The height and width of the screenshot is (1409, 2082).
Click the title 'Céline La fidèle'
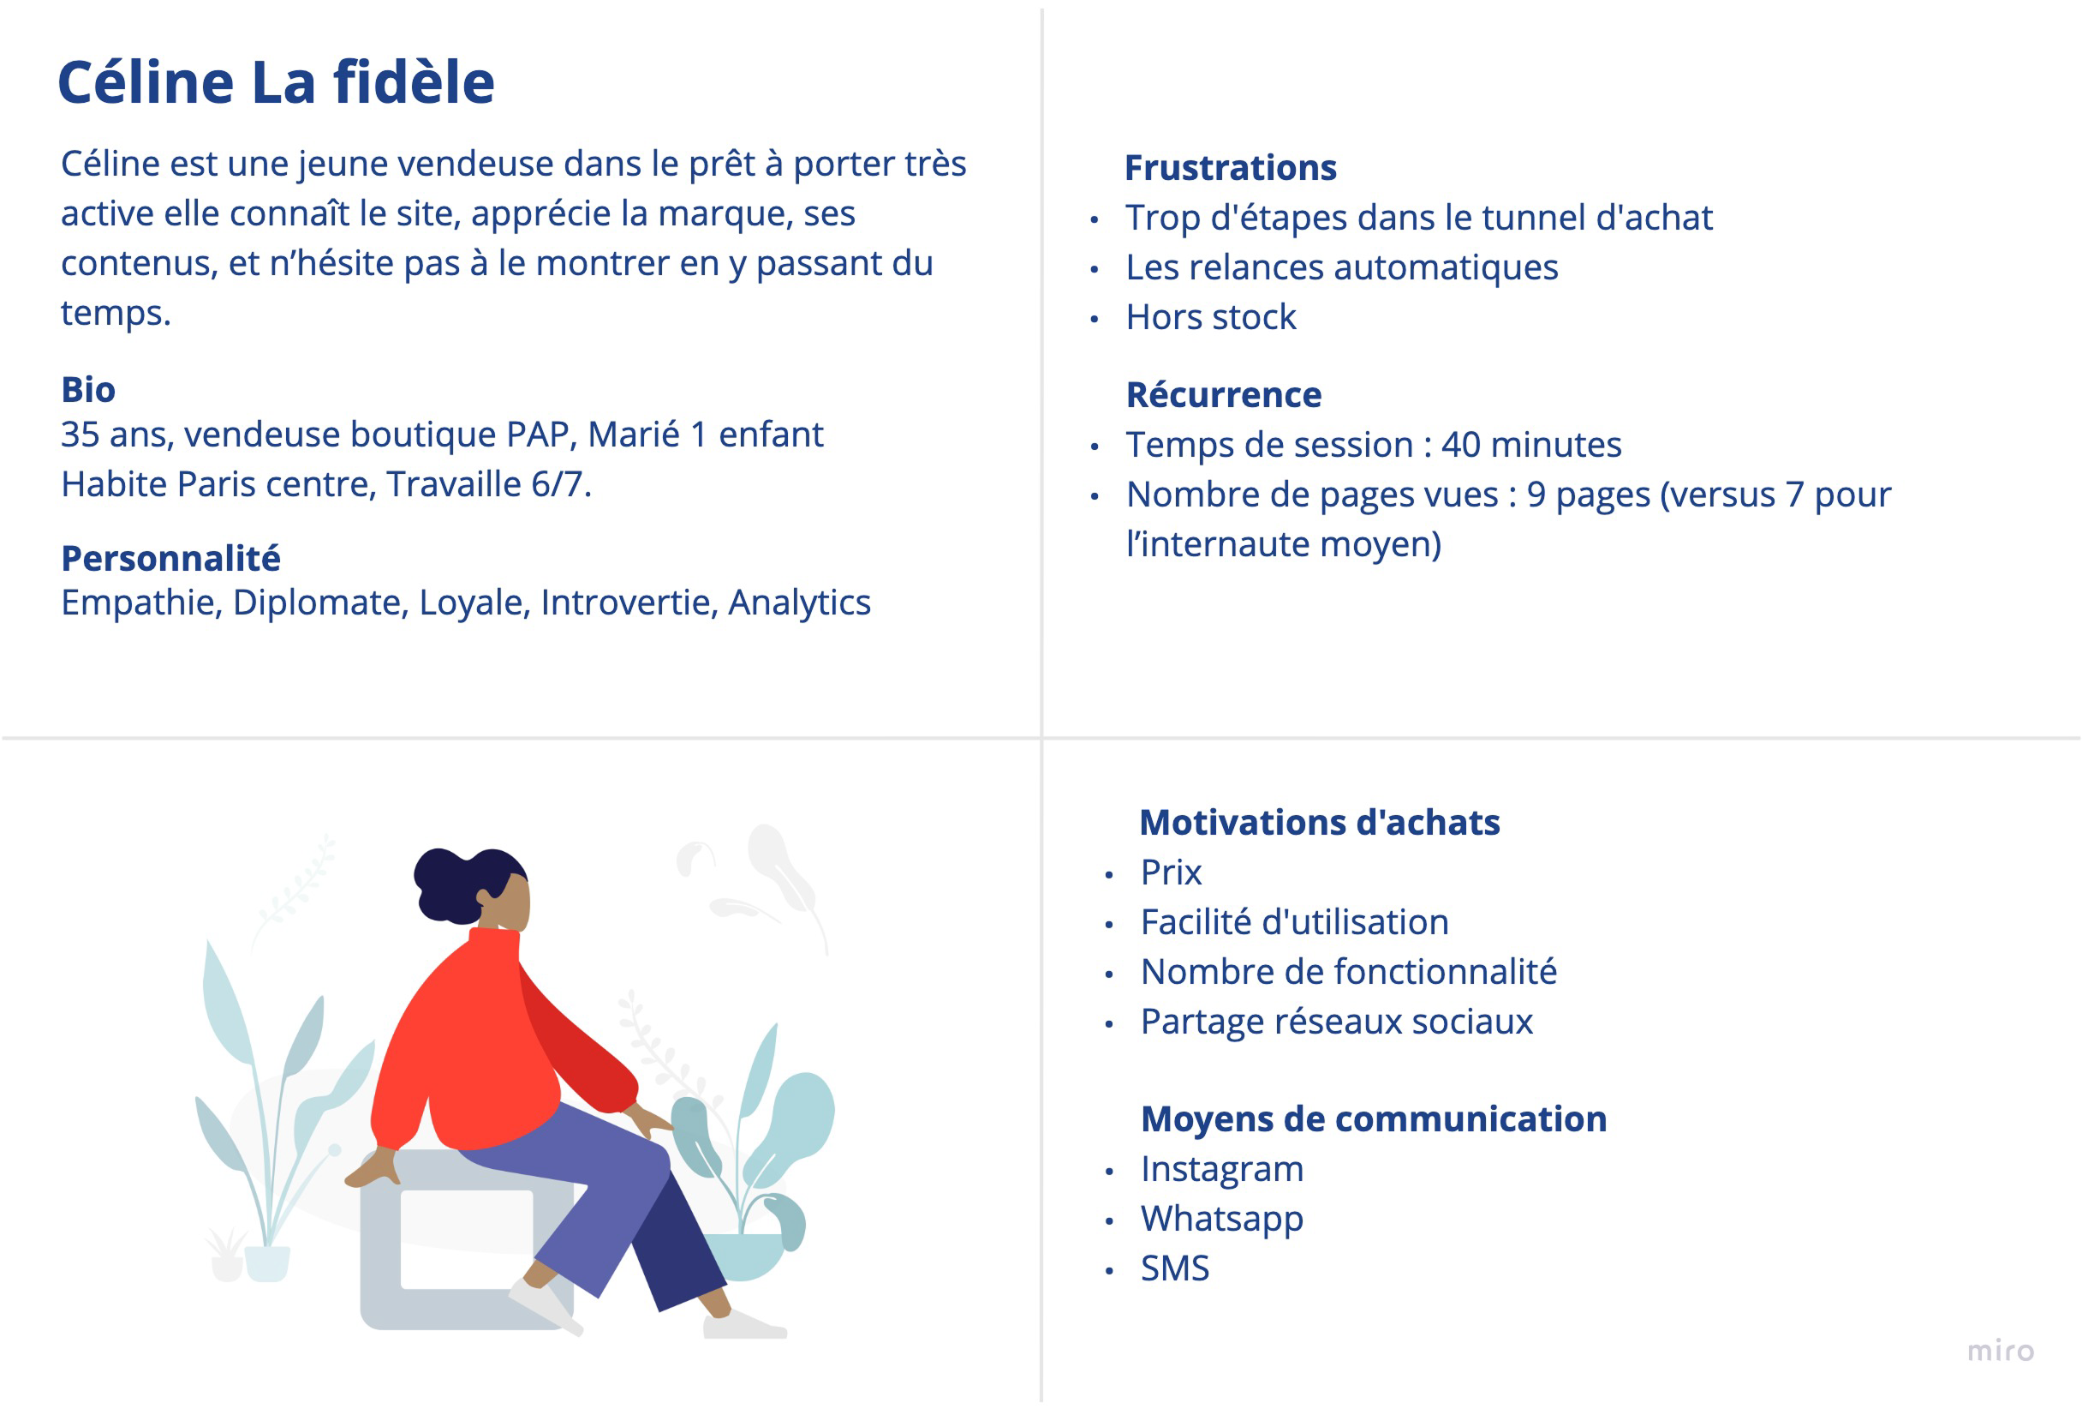(x=276, y=81)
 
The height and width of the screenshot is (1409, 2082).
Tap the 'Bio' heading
(x=88, y=389)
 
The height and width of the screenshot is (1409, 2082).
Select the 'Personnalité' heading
(x=171, y=559)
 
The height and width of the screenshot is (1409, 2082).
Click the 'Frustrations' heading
(x=1230, y=168)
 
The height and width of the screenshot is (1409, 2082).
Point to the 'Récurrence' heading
(x=1224, y=394)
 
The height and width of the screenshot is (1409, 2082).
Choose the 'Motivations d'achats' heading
(x=1320, y=822)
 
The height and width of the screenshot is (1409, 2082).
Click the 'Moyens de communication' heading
(x=1374, y=1118)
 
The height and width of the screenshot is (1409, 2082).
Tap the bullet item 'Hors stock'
(x=1211, y=316)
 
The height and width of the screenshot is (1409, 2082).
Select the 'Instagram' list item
(x=1222, y=1170)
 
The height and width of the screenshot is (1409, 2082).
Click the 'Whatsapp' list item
(x=1222, y=1219)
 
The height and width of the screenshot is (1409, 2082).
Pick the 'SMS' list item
(x=1174, y=1268)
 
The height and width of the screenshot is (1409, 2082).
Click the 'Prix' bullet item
(x=1171, y=872)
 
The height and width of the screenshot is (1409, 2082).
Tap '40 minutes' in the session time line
(x=1531, y=445)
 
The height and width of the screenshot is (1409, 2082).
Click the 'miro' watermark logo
(x=2001, y=1350)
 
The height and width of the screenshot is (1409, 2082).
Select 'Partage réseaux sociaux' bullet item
(x=1337, y=1022)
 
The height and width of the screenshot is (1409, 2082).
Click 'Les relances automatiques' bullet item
(x=1342, y=267)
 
